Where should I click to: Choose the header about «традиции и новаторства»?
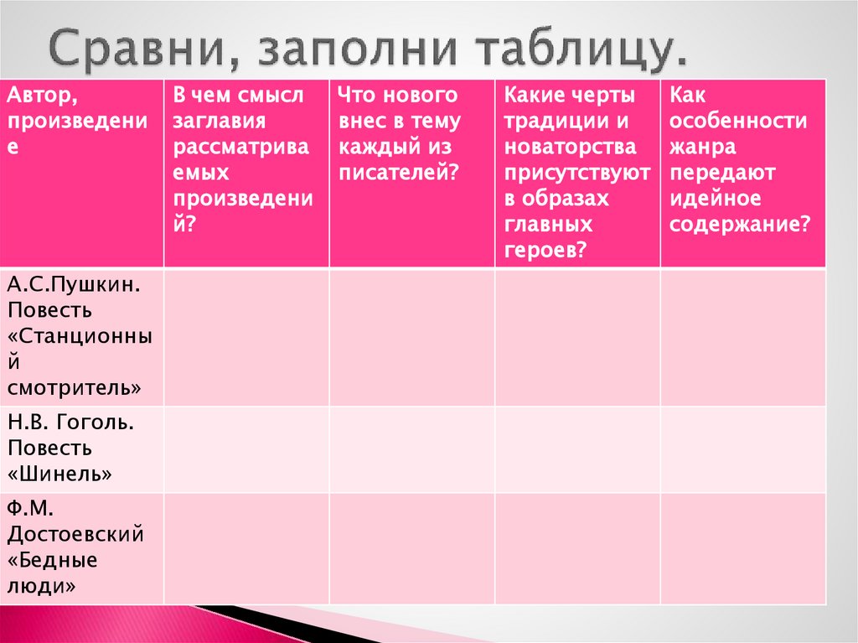pyautogui.click(x=576, y=173)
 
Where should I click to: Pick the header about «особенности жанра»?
pyautogui.click(x=739, y=160)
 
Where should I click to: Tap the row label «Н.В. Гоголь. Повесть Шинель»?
pyautogui.click(x=70, y=448)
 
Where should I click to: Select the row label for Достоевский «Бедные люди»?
pyautogui.click(x=75, y=547)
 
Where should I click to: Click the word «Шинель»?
pyautogui.click(x=60, y=474)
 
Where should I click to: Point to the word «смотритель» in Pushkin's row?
pyautogui.click(x=74, y=388)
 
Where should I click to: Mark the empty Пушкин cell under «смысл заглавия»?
pyautogui.click(x=246, y=337)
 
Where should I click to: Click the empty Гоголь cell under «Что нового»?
pyautogui.click(x=411, y=449)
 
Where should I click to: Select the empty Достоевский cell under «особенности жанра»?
pyautogui.click(x=742, y=547)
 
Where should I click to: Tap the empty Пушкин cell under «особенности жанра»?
pyautogui.click(x=742, y=337)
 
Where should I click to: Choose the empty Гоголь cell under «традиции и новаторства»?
pyautogui.click(x=577, y=449)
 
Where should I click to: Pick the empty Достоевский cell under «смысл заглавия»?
pyautogui.click(x=246, y=547)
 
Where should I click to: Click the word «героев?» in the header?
pyautogui.click(x=545, y=251)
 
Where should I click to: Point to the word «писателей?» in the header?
pyautogui.click(x=399, y=173)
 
